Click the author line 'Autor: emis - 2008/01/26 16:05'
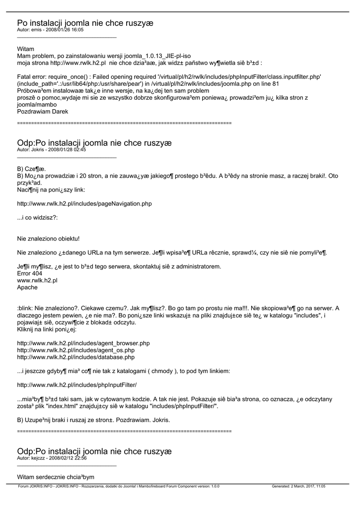click(x=50, y=30)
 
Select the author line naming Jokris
click(x=51, y=149)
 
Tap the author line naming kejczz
click(x=52, y=458)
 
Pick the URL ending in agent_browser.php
click(x=83, y=343)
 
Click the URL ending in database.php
click(x=75, y=357)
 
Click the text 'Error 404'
click(x=29, y=273)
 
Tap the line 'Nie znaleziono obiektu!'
click(x=48, y=239)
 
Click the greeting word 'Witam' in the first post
click(x=26, y=49)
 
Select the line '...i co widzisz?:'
click(x=37, y=218)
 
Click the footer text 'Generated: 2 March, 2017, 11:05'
click(x=298, y=487)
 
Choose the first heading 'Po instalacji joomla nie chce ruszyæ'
click(x=85, y=23)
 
